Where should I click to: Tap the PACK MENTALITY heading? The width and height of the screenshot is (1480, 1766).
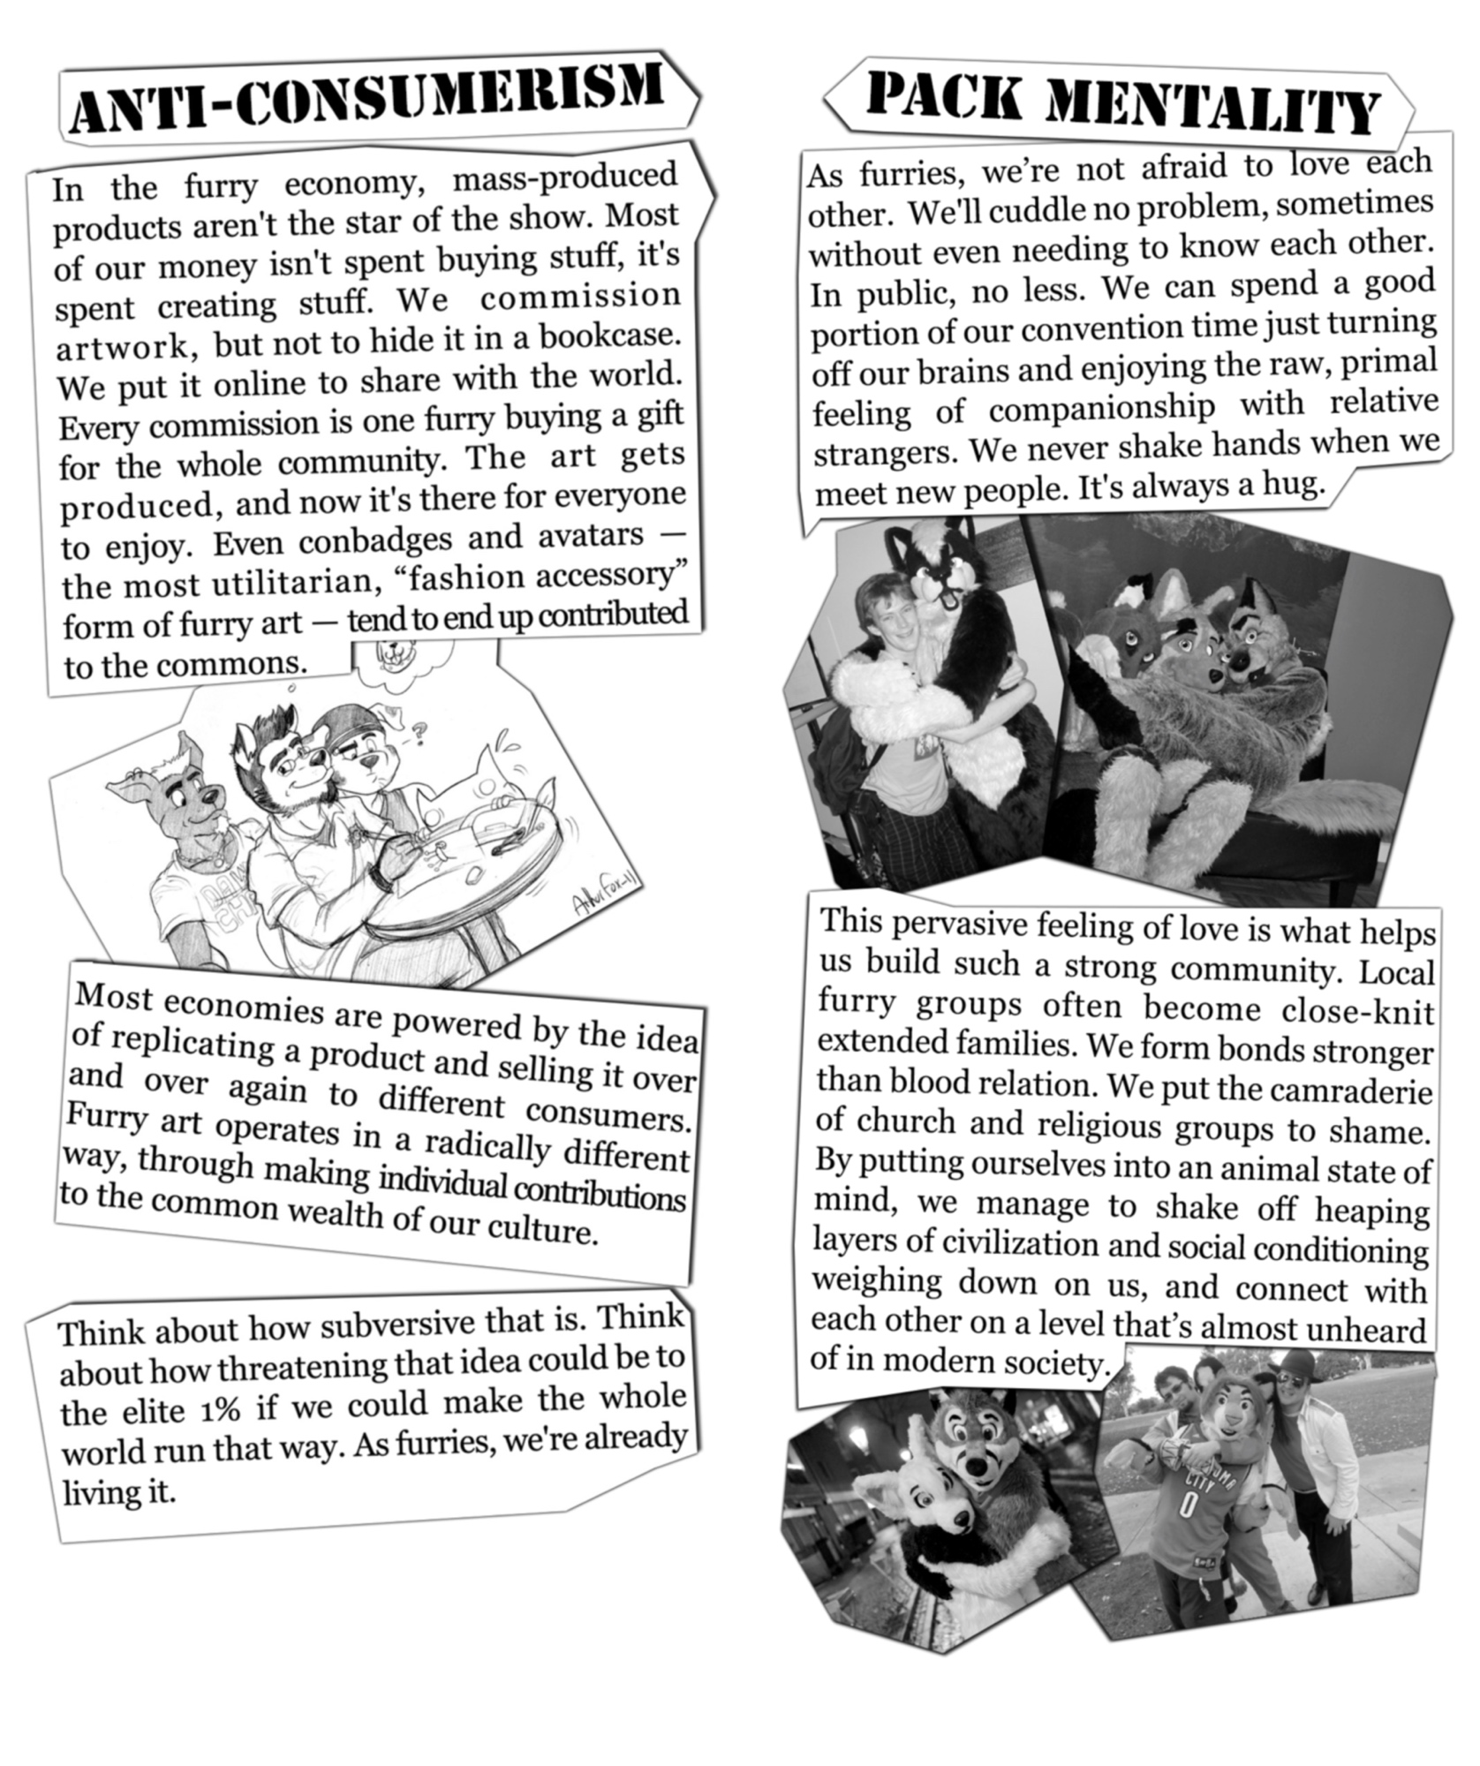tap(1122, 105)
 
